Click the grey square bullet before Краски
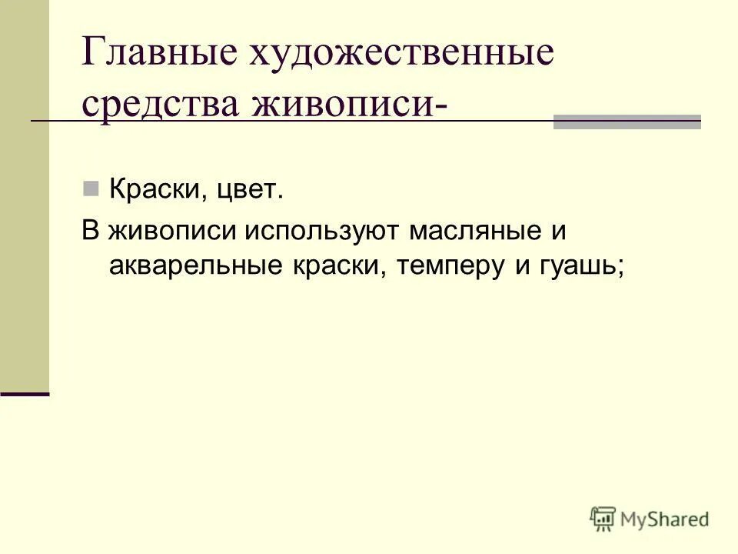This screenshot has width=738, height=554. [x=91, y=187]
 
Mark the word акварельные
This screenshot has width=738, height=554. [x=195, y=265]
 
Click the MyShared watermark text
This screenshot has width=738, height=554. [x=665, y=519]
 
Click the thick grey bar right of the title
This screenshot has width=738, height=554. [x=627, y=122]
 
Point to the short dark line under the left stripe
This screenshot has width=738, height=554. [x=25, y=393]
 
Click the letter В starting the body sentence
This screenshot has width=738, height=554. [x=91, y=231]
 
